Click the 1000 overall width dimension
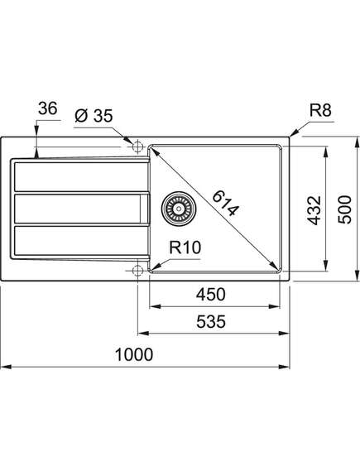tap(134, 354)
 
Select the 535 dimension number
tap(211, 322)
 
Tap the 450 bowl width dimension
tap(211, 295)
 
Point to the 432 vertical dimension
tap(314, 210)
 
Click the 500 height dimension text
tap(344, 209)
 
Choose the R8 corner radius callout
tap(320, 110)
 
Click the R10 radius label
tap(185, 248)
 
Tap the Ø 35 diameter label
tap(94, 116)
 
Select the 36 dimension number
tap(47, 108)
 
